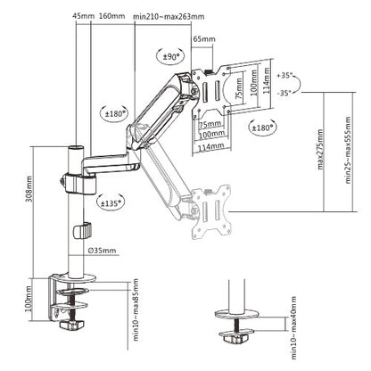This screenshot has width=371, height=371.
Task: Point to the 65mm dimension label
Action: click(203, 40)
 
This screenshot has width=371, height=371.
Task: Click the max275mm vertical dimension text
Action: click(319, 169)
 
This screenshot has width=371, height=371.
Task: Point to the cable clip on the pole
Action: click(81, 231)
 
